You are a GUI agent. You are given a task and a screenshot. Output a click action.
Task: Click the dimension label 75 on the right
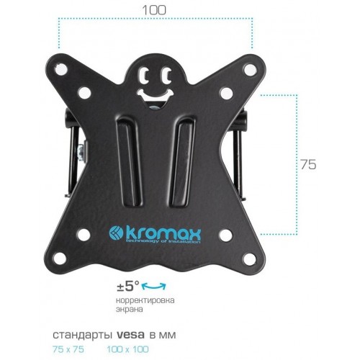click(x=307, y=165)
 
